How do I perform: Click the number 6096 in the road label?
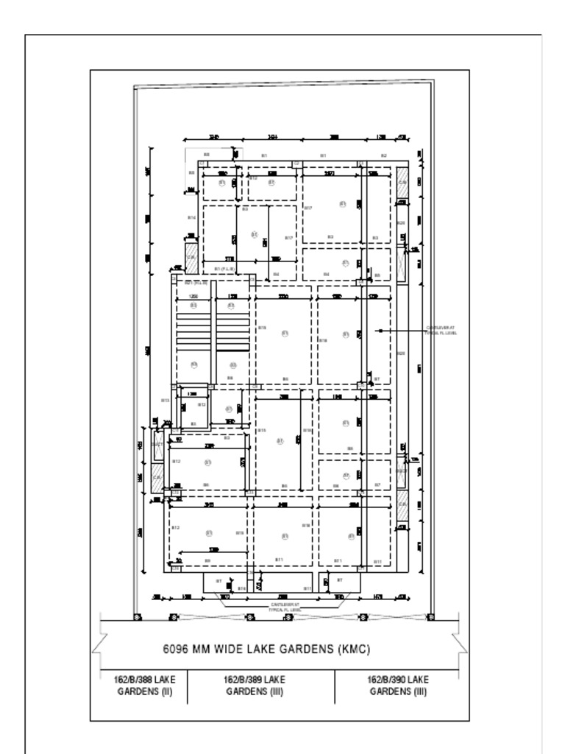[x=177, y=649]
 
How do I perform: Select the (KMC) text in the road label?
[x=354, y=649]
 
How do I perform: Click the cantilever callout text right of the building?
[x=441, y=331]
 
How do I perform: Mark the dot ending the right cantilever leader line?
[x=380, y=331]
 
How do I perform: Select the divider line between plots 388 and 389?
[x=188, y=686]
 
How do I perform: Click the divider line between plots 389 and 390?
[x=335, y=686]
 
